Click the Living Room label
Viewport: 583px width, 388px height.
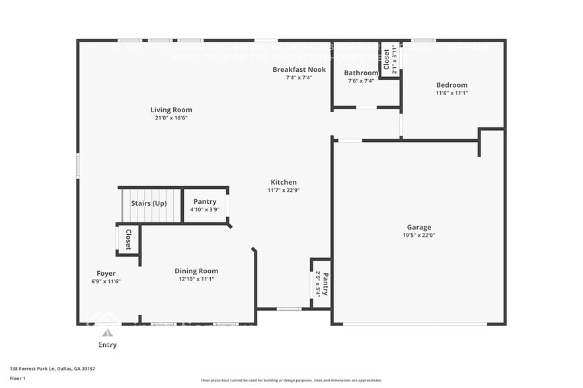(x=171, y=110)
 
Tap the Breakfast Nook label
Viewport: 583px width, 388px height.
(x=299, y=69)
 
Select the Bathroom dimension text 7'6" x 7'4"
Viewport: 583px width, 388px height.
(x=361, y=81)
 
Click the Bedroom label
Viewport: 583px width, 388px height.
(x=451, y=84)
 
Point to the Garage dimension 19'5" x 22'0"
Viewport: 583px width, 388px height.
(x=418, y=235)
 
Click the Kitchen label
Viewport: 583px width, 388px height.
(x=284, y=182)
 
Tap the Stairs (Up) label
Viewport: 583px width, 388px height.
(x=149, y=203)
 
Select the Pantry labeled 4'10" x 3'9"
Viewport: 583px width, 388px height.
(x=205, y=205)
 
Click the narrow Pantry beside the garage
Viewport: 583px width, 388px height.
(x=321, y=284)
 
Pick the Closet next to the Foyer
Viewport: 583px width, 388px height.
(x=128, y=240)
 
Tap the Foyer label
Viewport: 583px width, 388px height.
(x=106, y=273)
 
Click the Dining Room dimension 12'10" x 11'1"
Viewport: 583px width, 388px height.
(x=196, y=279)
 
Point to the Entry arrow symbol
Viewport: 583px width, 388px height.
(x=106, y=333)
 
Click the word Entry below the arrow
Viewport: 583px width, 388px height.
(x=107, y=344)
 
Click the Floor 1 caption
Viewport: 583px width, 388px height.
(x=17, y=378)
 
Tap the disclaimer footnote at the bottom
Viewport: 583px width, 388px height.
(x=291, y=380)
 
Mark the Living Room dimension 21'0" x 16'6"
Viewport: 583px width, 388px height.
(x=171, y=118)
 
